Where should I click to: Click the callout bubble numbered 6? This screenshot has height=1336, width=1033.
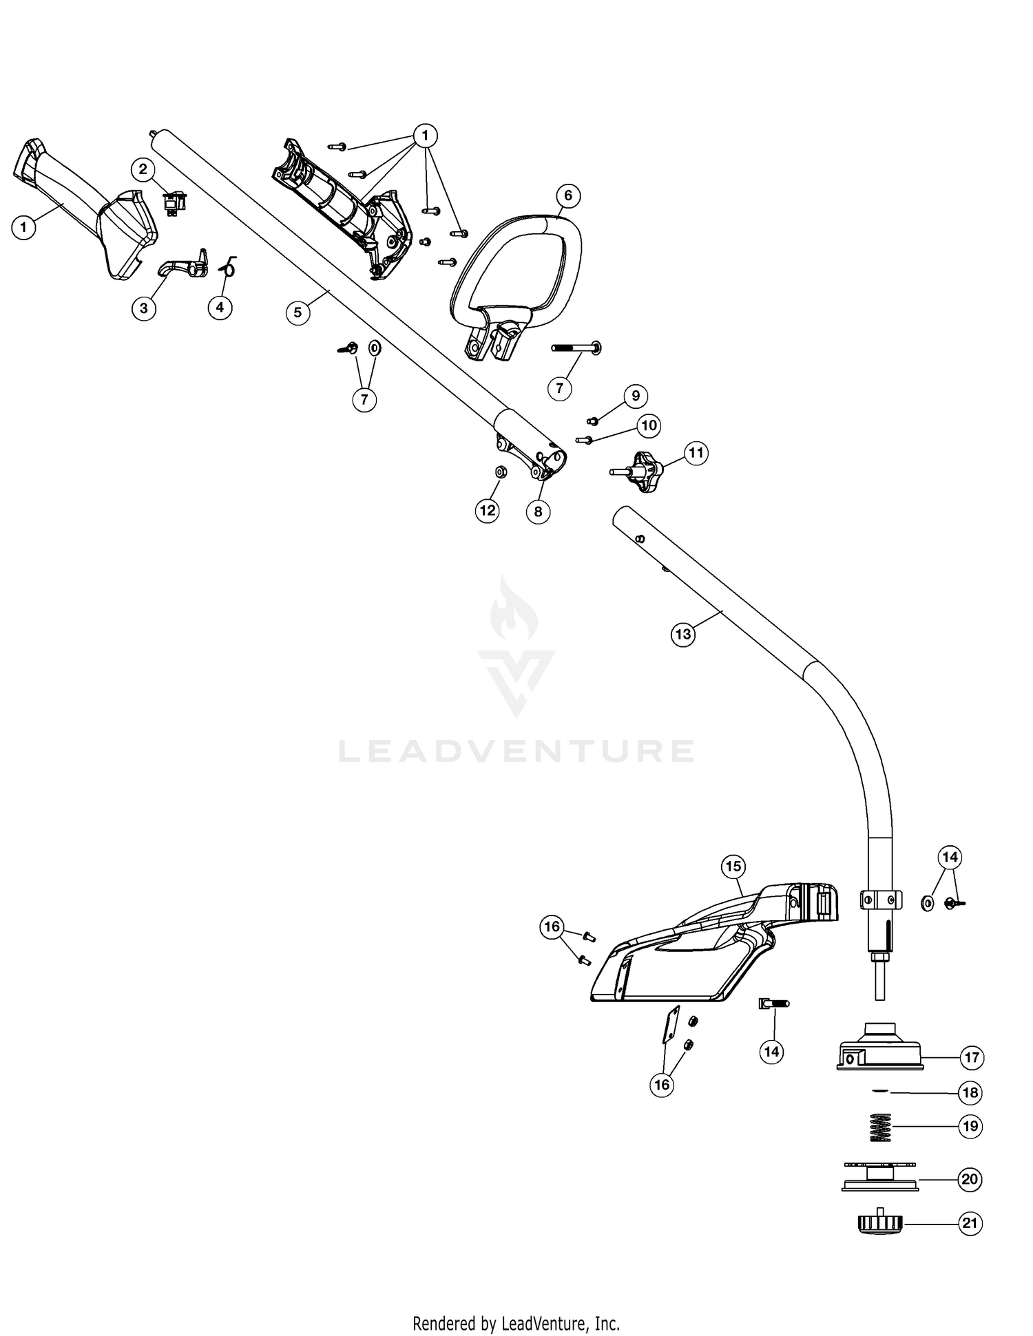568,195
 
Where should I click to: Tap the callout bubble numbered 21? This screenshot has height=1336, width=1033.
970,1223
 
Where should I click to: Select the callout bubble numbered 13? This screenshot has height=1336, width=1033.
683,634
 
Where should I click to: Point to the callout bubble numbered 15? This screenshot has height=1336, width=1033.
733,866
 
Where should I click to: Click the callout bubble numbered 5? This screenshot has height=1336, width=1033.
298,312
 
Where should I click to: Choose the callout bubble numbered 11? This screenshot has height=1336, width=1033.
696,453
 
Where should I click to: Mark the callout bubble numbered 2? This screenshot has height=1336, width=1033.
143,169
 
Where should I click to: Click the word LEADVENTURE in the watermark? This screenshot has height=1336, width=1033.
516,750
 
